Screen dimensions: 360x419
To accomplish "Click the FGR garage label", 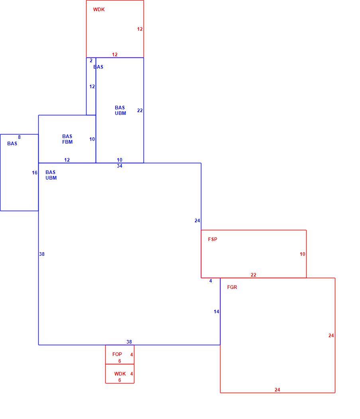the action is coord(232,287).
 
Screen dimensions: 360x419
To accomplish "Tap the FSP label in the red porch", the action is coord(212,239).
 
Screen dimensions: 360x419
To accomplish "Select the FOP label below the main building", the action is coord(117,354).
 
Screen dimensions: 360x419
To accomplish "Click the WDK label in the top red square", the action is coord(99,10).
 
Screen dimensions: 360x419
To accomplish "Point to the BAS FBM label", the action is coord(67,139).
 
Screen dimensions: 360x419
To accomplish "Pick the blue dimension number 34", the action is coord(119,166).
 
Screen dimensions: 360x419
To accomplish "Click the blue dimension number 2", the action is coord(91,61).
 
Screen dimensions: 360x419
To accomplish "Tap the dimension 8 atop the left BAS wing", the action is coord(19,137).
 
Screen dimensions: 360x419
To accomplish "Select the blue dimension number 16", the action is coord(34,173).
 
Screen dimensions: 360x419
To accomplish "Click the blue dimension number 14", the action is coord(216,312).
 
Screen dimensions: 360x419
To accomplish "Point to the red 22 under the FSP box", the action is coord(254,275).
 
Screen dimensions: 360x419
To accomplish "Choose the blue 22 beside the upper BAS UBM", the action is coord(140,111).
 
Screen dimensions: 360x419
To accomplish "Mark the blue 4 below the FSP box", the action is coord(211,281).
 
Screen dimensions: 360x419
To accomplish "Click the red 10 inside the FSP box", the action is coord(302,254).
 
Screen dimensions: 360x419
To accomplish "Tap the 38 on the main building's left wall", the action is coord(42,254).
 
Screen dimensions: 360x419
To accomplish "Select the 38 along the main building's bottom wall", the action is coord(129,342).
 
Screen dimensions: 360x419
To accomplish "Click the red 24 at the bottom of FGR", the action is coord(277,390).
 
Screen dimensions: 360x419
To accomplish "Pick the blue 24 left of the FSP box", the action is coord(197,221).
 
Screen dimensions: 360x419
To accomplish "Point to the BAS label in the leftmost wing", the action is coord(12,144).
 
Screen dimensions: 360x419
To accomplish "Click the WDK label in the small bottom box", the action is coord(120,374).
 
